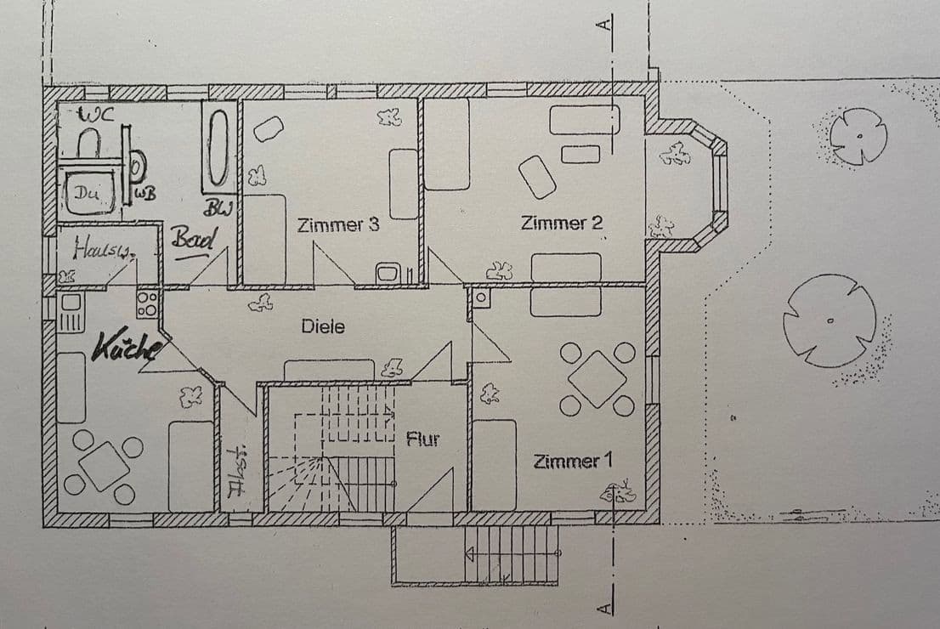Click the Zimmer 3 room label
point(337,226)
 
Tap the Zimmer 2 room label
point(562,224)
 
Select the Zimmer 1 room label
point(572,462)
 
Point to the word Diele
point(323,326)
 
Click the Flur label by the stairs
point(422,439)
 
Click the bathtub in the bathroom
point(218,149)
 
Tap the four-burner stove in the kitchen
point(147,304)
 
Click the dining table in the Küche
point(104,467)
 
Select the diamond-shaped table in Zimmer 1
point(597,378)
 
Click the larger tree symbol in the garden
point(829,320)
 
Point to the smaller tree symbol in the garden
point(858,136)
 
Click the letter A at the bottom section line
point(605,607)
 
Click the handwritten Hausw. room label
point(102,249)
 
